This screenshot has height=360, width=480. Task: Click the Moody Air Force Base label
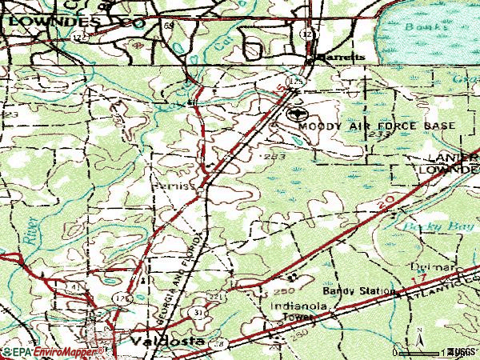click(x=376, y=126)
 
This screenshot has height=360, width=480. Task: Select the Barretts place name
click(x=340, y=58)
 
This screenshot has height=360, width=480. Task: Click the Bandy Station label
click(x=359, y=291)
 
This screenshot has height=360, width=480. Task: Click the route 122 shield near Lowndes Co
click(x=78, y=37)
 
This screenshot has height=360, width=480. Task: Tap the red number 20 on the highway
click(x=383, y=207)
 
